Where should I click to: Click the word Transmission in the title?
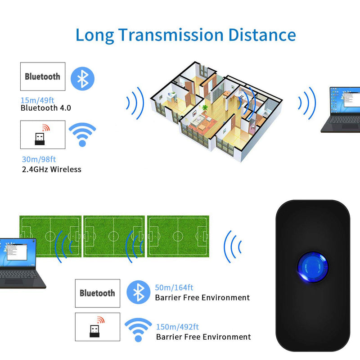coord(171,35)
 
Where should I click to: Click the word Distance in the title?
coord(262,35)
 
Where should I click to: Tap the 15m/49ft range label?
coord(37,100)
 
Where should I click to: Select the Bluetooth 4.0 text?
coord(46,108)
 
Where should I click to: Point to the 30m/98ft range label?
coord(39,159)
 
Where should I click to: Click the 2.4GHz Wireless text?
coord(52,170)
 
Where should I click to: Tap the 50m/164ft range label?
coord(174,288)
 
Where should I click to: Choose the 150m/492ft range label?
coord(177,327)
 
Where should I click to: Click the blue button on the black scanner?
coord(313,267)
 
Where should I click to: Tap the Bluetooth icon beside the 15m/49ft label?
coord(82,79)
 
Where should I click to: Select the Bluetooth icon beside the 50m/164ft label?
coord(139,292)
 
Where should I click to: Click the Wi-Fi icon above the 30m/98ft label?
coord(82,135)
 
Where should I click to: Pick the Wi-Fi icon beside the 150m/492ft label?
coord(138,330)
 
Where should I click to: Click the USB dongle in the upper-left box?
coord(40,139)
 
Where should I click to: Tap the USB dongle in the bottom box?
coord(94,331)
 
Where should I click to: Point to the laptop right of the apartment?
coord(341,110)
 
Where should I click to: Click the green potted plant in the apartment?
coord(205,108)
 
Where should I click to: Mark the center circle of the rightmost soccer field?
coord(178,236)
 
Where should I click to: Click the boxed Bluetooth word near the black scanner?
coord(97,293)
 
